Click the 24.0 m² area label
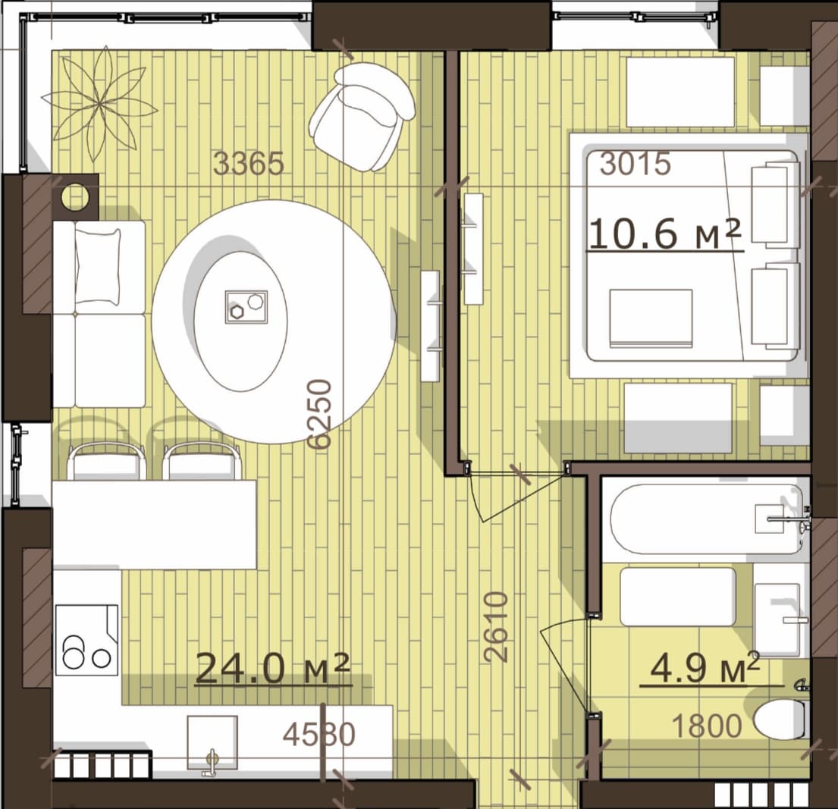click(x=272, y=668)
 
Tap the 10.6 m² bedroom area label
click(x=665, y=234)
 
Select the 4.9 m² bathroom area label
click(x=705, y=668)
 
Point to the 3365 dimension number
click(x=249, y=164)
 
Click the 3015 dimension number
click(x=635, y=164)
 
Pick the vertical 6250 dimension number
click(x=320, y=413)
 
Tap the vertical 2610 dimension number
click(x=495, y=627)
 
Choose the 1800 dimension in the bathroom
click(x=707, y=726)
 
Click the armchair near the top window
click(x=363, y=116)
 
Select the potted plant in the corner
click(x=100, y=104)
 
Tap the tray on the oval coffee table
click(x=246, y=307)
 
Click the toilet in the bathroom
click(x=781, y=720)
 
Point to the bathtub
click(x=705, y=519)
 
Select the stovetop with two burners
click(x=86, y=640)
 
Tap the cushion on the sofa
click(x=98, y=266)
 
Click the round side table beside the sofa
click(x=75, y=196)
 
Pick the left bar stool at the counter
click(x=107, y=461)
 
